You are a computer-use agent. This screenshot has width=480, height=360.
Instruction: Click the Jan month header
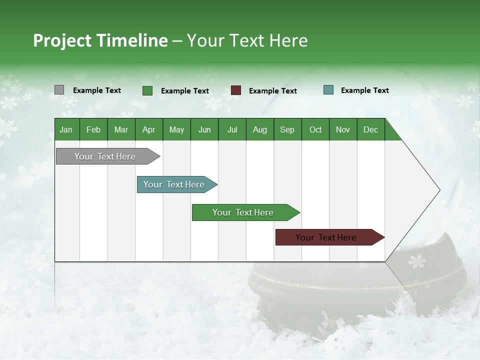click(66, 129)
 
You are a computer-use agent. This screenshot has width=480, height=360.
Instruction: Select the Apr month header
click(149, 129)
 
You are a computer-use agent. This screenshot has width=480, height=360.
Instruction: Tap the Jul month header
click(232, 129)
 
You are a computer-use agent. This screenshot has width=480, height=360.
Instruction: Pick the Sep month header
click(287, 129)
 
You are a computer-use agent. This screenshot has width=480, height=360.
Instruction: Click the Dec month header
click(370, 129)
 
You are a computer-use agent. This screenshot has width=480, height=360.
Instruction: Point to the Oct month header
click(315, 129)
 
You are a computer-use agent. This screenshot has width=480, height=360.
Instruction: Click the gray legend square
click(59, 90)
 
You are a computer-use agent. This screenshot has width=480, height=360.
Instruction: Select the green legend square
click(147, 90)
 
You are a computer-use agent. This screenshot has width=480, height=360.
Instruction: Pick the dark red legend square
click(236, 90)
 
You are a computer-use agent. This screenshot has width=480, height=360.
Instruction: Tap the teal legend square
click(328, 90)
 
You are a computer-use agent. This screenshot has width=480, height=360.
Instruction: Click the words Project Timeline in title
click(100, 40)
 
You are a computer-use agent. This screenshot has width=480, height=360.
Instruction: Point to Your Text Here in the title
click(247, 40)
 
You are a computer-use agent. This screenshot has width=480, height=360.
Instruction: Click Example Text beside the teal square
click(364, 90)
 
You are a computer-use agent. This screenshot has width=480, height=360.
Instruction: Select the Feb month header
click(93, 129)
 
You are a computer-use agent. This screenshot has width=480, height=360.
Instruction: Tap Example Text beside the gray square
click(96, 90)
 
